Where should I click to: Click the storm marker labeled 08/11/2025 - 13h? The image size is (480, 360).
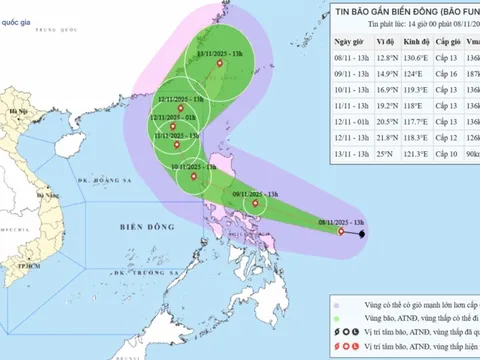click(x=342, y=232)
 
